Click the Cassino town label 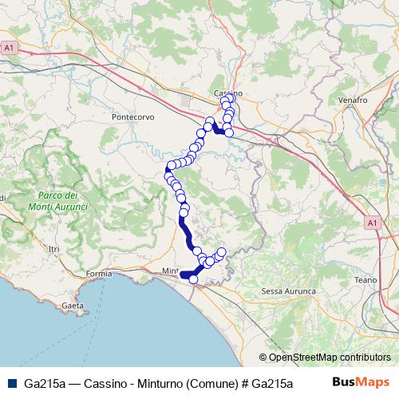tap(227, 93)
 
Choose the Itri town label tap(54, 250)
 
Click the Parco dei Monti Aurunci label tap(57, 201)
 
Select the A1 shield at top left tap(9, 49)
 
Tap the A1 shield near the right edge tap(373, 223)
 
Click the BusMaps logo tap(361, 382)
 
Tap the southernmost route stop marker tap(192, 279)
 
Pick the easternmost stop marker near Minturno tap(222, 253)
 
